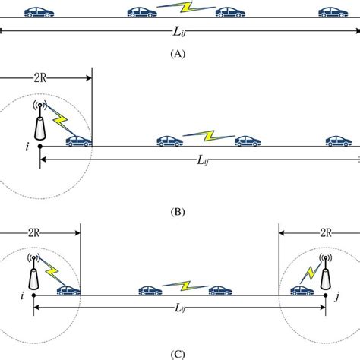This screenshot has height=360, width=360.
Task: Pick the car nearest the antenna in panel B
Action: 79,140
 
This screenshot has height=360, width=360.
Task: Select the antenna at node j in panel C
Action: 325,273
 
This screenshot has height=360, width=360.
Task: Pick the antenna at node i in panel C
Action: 33,271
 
